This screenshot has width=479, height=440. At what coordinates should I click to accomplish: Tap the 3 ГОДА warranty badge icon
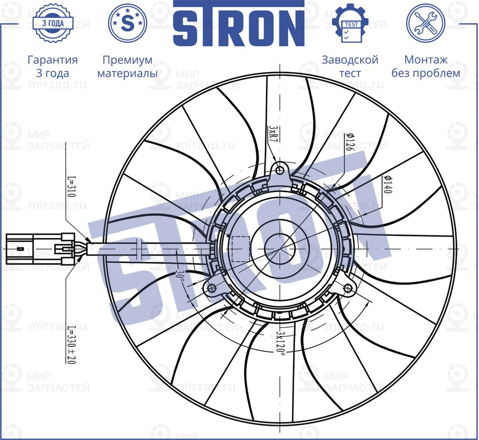52,23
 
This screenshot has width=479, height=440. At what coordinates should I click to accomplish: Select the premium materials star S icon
128,23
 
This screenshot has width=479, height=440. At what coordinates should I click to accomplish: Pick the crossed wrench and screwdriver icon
425,23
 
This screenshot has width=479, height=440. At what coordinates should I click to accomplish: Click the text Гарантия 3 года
52,66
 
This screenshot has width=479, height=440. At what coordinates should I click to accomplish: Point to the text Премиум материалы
128,66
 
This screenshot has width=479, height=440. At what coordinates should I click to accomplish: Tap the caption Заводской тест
350,66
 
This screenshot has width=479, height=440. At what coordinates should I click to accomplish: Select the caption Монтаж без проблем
425,66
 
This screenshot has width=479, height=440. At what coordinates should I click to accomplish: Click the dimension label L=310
71,188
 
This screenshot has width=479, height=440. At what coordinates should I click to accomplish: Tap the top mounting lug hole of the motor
280,169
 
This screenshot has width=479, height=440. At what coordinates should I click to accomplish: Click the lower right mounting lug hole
348,289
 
